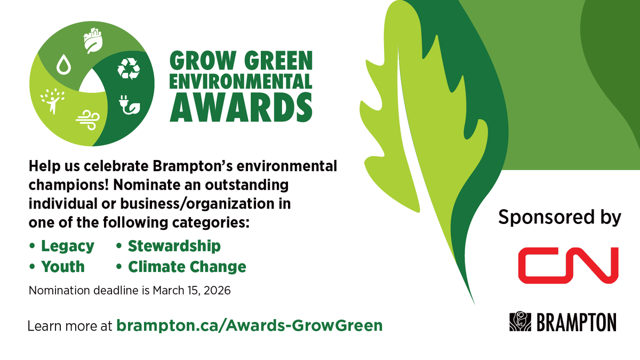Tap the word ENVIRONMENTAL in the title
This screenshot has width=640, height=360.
241,81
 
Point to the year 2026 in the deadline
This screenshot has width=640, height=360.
217,292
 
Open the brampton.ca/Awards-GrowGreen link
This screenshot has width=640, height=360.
249,325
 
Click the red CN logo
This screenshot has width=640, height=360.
568,265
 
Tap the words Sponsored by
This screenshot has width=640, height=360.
559,217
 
